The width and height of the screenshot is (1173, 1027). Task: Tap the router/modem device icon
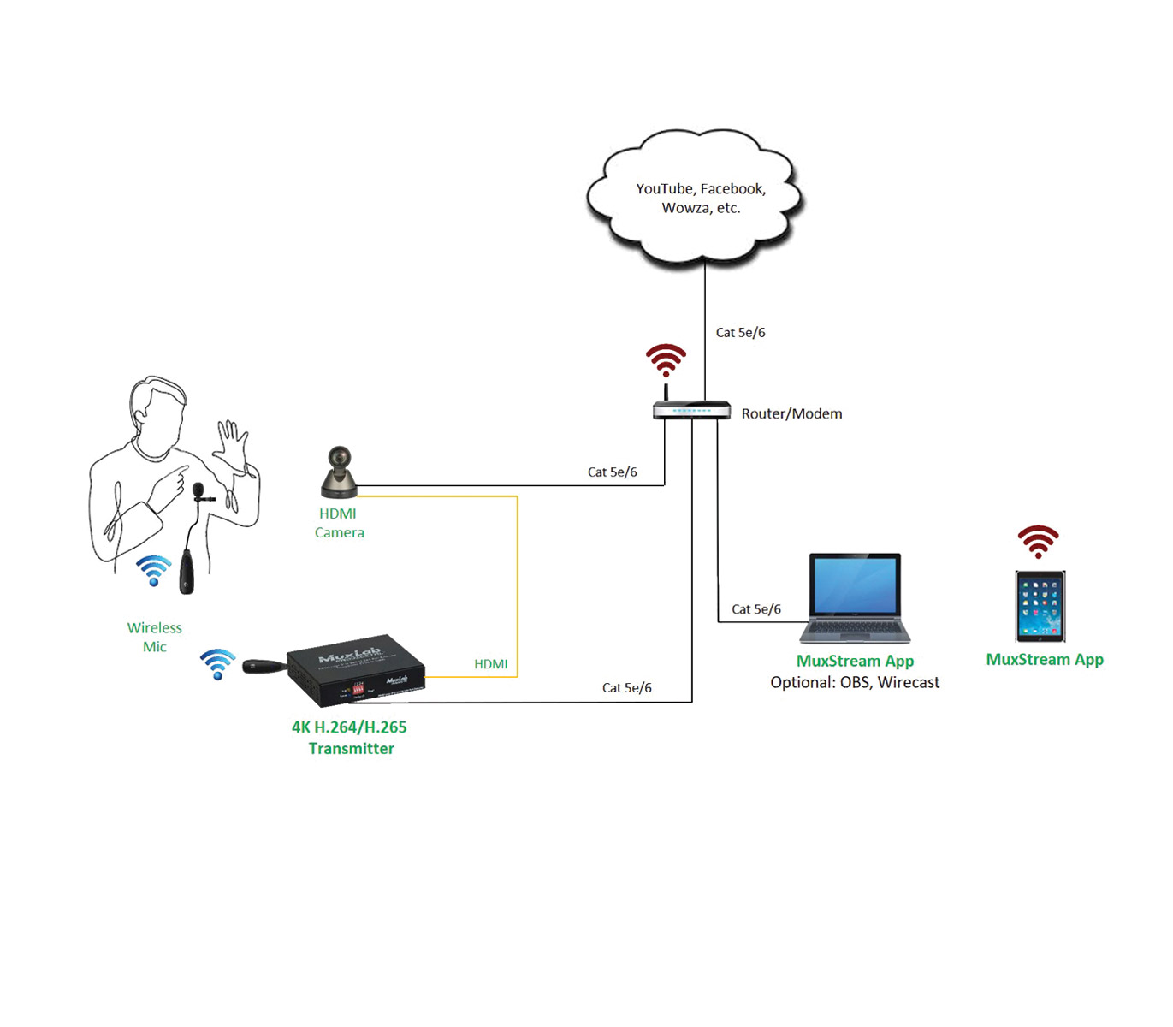click(x=691, y=410)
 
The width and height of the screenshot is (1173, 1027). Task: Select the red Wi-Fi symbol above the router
click(x=666, y=359)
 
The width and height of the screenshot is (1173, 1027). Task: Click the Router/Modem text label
click(x=791, y=414)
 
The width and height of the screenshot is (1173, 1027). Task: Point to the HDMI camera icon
click(x=340, y=472)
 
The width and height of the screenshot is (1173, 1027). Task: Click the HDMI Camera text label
click(x=339, y=523)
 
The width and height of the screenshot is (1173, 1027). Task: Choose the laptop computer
click(x=855, y=598)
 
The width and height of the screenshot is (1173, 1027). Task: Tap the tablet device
click(x=1040, y=606)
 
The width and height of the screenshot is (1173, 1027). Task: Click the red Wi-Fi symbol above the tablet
click(x=1038, y=541)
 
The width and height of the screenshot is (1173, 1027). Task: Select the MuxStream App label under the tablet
click(x=1045, y=660)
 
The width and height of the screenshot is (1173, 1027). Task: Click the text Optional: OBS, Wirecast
click(x=855, y=683)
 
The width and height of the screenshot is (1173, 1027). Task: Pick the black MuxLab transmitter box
click(x=356, y=670)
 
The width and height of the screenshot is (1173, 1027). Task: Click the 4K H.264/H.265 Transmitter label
click(x=350, y=738)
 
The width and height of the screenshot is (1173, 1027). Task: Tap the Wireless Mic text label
click(x=155, y=638)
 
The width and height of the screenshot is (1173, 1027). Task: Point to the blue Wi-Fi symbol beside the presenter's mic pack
click(x=154, y=570)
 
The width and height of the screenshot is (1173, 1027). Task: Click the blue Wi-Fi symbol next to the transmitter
click(x=217, y=664)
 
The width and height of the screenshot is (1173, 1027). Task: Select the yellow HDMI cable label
click(x=490, y=664)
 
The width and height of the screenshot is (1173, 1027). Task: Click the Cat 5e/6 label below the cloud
click(x=740, y=333)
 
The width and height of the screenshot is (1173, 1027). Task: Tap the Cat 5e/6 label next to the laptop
click(x=755, y=609)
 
